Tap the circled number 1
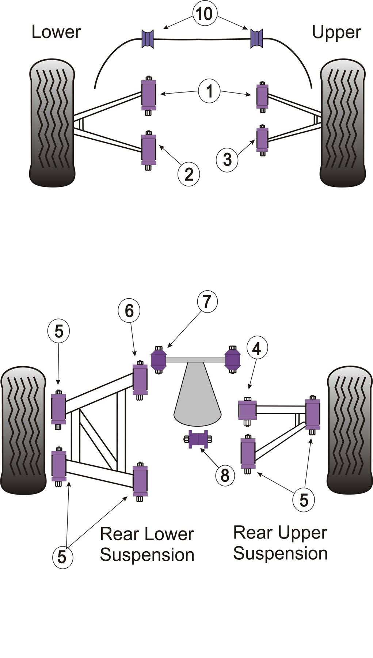[x=209, y=91]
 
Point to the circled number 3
[x=227, y=159]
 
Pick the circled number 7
[x=207, y=302]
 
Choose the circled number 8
[x=224, y=475]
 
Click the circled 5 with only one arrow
[x=58, y=331]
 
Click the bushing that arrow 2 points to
[x=149, y=150]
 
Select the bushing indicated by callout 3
[x=262, y=139]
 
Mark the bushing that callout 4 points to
[x=247, y=410]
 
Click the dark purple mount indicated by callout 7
[x=159, y=359]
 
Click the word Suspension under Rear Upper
[x=280, y=553]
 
